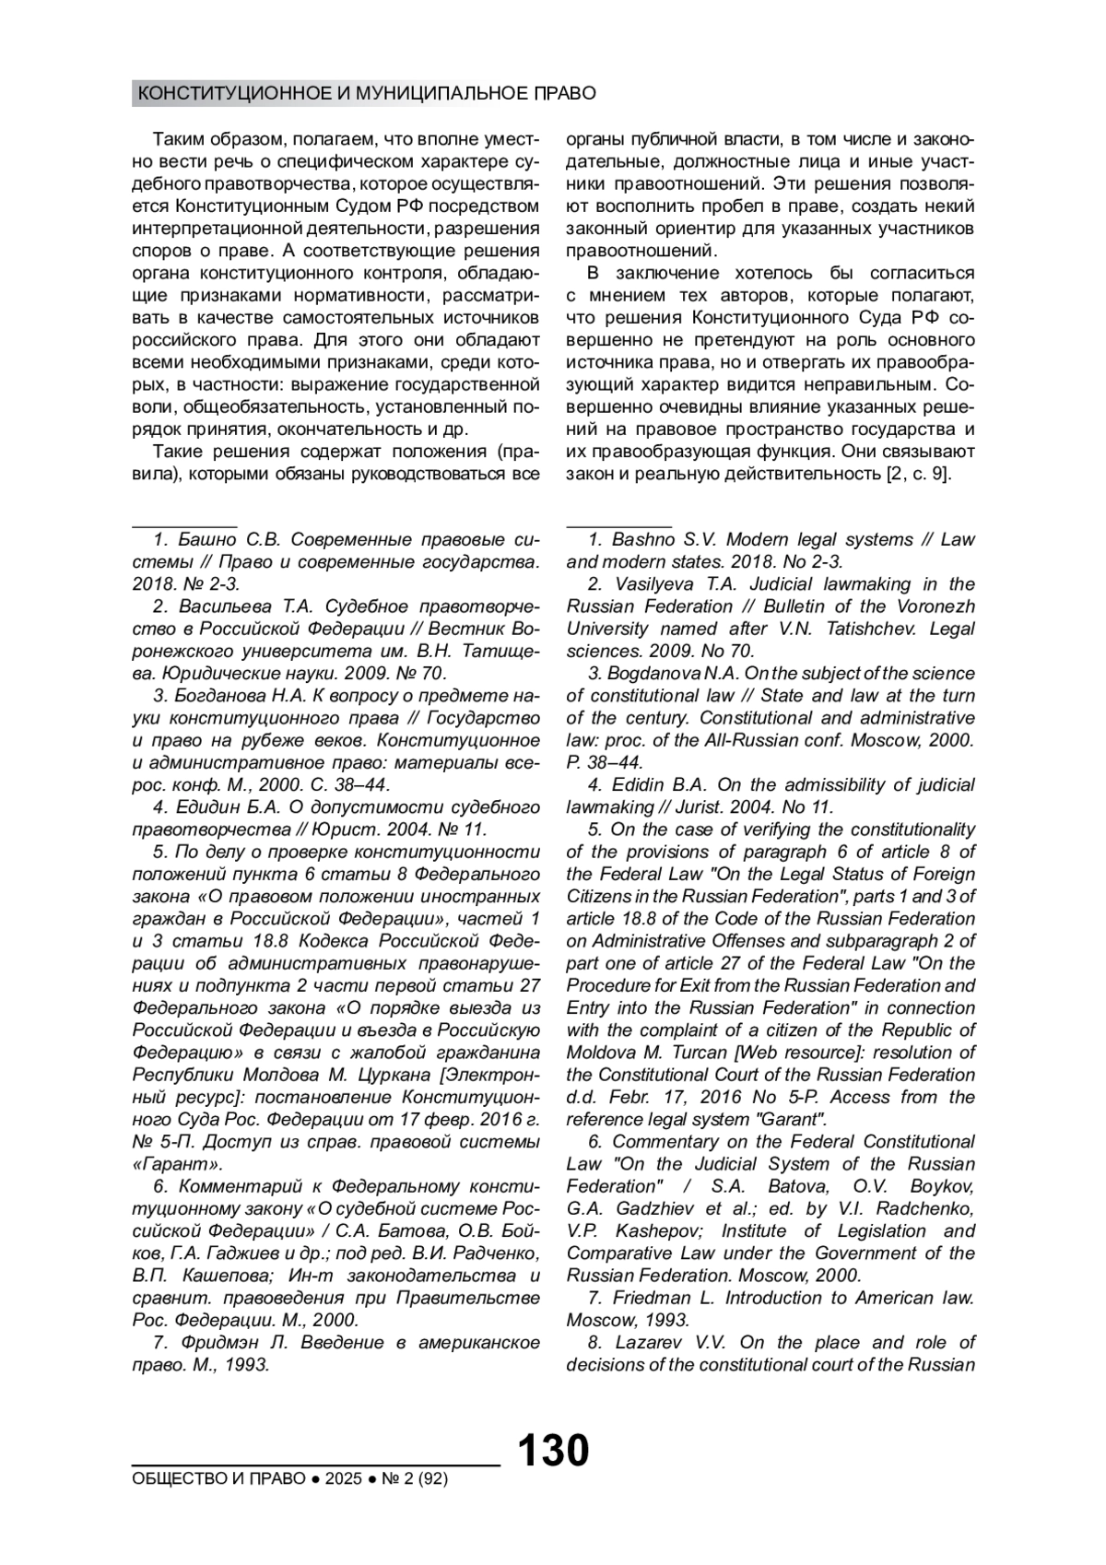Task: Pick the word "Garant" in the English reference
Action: (790, 1120)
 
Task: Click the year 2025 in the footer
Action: (341, 1479)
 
